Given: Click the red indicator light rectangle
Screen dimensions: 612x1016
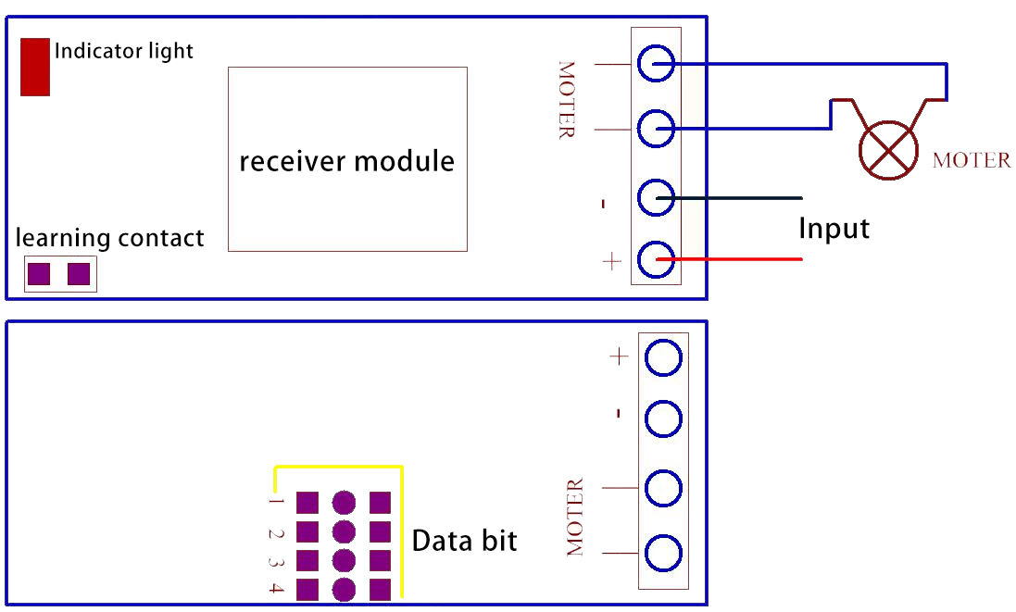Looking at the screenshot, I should click(x=35, y=67).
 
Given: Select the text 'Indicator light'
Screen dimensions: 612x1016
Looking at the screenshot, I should click(x=124, y=50).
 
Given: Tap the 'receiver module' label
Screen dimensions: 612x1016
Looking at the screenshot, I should click(x=347, y=161).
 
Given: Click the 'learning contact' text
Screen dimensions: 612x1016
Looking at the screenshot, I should click(x=110, y=238).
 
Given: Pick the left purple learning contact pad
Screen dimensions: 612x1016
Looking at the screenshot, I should click(x=39, y=274).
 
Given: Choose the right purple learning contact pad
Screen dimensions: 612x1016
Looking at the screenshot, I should click(x=79, y=274).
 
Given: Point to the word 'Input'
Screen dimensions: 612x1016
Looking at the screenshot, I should click(x=834, y=228).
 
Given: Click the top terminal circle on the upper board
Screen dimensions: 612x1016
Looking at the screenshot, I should click(x=657, y=65).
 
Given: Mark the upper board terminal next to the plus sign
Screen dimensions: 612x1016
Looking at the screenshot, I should click(x=657, y=260).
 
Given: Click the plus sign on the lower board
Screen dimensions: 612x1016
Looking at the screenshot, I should click(x=619, y=356).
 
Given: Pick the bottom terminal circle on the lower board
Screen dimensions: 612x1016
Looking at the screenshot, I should click(x=663, y=554).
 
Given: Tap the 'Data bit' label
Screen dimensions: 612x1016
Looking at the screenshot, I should click(x=464, y=541).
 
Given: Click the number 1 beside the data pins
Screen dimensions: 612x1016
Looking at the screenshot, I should click(x=275, y=503).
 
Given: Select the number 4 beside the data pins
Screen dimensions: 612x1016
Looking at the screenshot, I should click(x=275, y=589).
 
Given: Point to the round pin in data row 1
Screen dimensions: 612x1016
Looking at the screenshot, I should click(x=344, y=503).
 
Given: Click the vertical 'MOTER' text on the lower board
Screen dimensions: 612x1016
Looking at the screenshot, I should click(x=575, y=517).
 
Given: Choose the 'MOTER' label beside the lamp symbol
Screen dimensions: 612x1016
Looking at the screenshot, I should click(x=972, y=160).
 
